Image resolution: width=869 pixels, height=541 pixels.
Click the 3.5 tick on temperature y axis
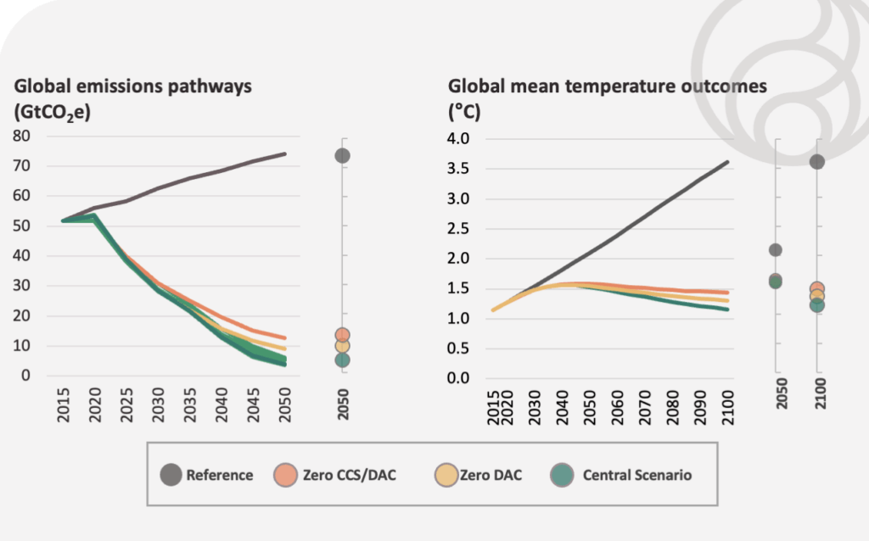459,169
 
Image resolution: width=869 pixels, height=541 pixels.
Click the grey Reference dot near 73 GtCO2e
343,155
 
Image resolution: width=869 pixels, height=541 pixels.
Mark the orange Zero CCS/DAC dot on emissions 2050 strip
343,335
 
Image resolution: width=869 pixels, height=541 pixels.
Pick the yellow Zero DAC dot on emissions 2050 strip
343,346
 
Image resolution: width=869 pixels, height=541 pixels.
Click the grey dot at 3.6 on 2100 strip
817,162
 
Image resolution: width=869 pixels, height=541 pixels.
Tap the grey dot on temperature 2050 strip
775,250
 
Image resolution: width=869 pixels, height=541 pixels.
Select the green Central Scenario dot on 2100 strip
817,305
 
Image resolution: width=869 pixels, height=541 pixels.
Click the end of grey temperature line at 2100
726,162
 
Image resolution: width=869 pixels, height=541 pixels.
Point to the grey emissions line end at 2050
284,154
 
